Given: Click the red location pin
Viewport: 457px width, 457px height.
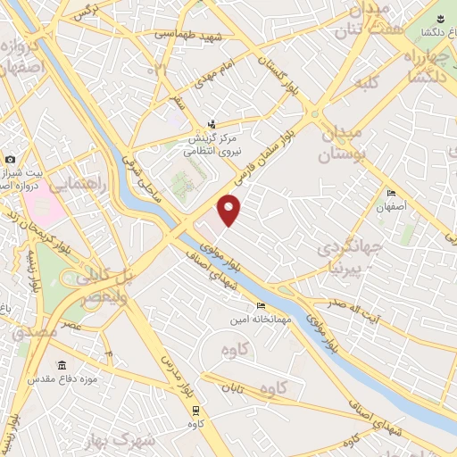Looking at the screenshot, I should [230, 211].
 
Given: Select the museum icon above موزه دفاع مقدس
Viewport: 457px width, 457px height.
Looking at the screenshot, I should [61, 366].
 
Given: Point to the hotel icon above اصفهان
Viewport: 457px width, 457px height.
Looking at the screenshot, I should [391, 195].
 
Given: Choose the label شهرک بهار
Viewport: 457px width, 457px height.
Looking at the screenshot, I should [148, 441].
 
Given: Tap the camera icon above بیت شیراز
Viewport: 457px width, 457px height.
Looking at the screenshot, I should [11, 158].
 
